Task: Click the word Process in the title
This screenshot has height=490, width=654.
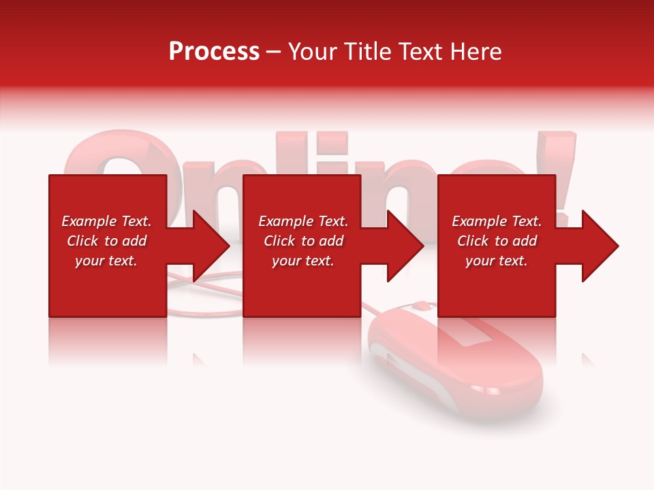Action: pyautogui.click(x=214, y=52)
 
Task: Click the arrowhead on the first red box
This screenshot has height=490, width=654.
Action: pyautogui.click(x=205, y=246)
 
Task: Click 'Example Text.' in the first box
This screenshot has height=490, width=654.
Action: pyautogui.click(x=106, y=221)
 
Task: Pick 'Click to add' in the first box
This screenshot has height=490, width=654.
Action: pyautogui.click(x=106, y=241)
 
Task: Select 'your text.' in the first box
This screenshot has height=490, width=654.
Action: pyautogui.click(x=106, y=261)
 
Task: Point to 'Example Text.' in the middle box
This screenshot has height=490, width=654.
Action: pyautogui.click(x=302, y=221)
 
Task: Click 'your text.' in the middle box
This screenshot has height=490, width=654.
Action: pyautogui.click(x=302, y=261)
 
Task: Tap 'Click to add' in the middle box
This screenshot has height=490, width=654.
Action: pyautogui.click(x=302, y=241)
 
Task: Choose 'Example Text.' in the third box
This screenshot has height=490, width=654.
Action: pyautogui.click(x=497, y=221)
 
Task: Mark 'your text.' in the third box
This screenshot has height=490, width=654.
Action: pyautogui.click(x=497, y=261)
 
